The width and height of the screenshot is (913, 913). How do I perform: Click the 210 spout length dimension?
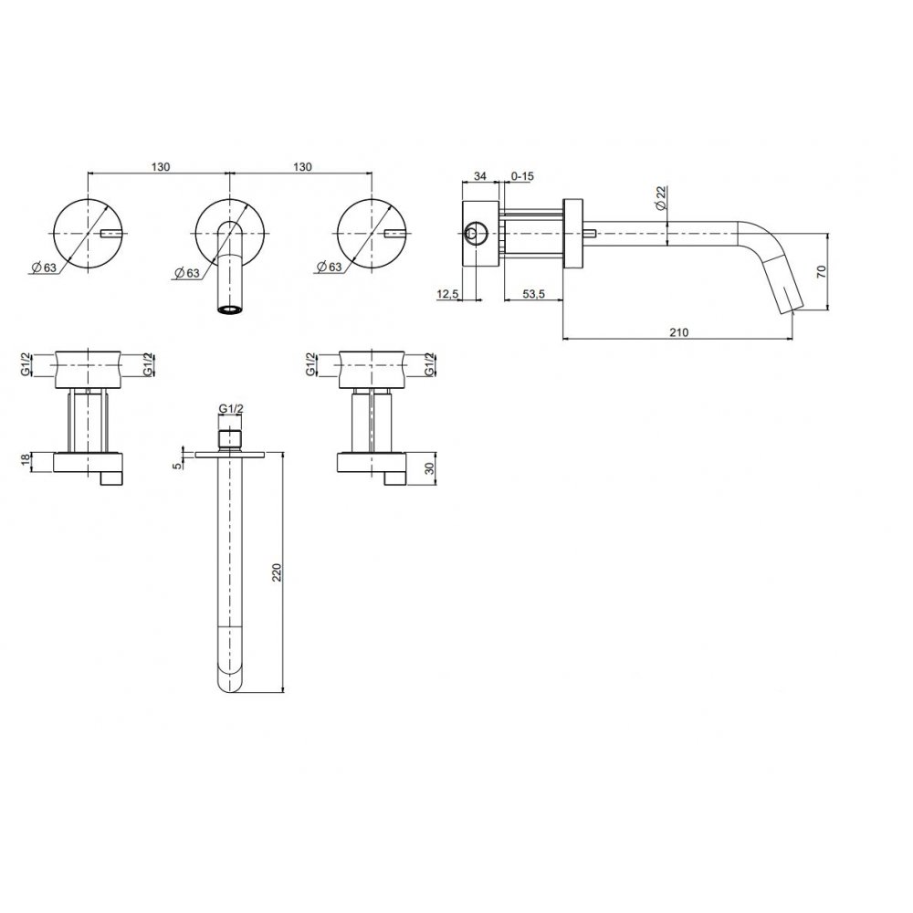pyautogui.click(x=678, y=332)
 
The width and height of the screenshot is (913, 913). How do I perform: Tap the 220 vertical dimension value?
pyautogui.click(x=278, y=572)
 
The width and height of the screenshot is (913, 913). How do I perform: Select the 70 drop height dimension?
pyautogui.click(x=822, y=271)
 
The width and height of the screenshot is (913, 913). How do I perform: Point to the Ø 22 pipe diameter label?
pyautogui.click(x=660, y=198)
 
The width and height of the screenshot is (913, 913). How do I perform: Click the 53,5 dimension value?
pyautogui.click(x=533, y=294)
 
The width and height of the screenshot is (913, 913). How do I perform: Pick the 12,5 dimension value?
pyautogui.click(x=447, y=295)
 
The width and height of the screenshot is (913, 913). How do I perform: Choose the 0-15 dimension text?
pyautogui.click(x=522, y=176)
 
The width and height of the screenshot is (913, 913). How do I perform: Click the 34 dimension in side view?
pyautogui.click(x=480, y=176)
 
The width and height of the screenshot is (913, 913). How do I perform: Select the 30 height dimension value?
pyautogui.click(x=430, y=468)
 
